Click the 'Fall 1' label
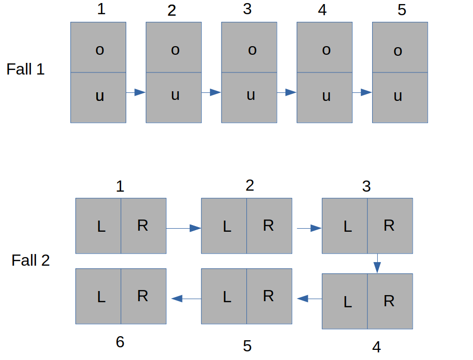pyautogui.click(x=26, y=69)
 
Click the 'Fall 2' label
pyautogui.click(x=30, y=260)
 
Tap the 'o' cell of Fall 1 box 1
pyautogui.click(x=98, y=47)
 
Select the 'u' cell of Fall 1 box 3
pyautogui.click(x=249, y=97)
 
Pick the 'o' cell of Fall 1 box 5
pyautogui.click(x=400, y=47)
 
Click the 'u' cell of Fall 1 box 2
pyautogui.click(x=174, y=97)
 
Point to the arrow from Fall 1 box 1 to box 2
pyautogui.click(x=136, y=92)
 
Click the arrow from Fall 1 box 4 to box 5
pyautogui.click(x=362, y=92)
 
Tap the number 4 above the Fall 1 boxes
pyautogui.click(x=322, y=10)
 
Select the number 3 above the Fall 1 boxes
pyautogui.click(x=247, y=9)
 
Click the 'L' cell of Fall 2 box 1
pyautogui.click(x=98, y=226)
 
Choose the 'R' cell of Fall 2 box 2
pyautogui.click(x=269, y=226)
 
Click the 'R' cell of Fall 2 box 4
pyautogui.click(x=390, y=301)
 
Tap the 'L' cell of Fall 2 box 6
pyautogui.click(x=98, y=296)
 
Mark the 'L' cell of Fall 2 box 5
pyautogui.click(x=224, y=296)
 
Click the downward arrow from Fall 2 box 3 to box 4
pyautogui.click(x=377, y=264)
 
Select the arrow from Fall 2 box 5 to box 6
pyautogui.click(x=187, y=299)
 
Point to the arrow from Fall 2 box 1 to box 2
pyautogui.click(x=184, y=228)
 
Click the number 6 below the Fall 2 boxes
pyautogui.click(x=120, y=342)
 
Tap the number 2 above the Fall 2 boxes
pyautogui.click(x=250, y=185)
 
